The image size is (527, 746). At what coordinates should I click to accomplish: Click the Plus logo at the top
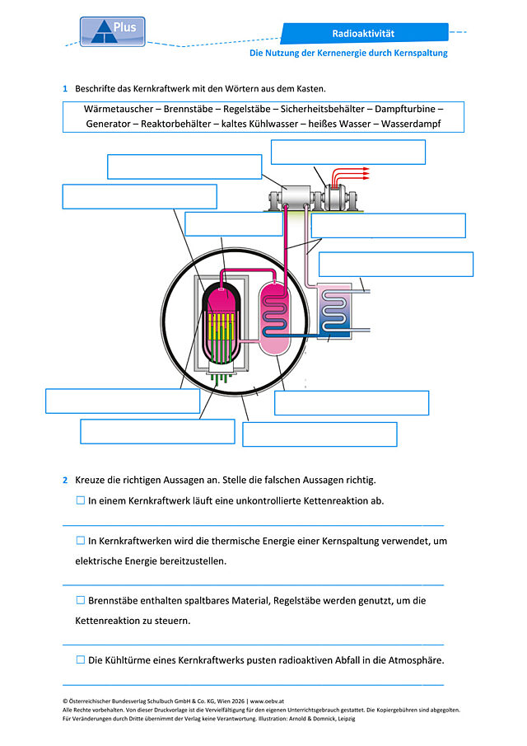[x=113, y=32]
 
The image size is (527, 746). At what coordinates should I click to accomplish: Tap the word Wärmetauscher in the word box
[x=119, y=109]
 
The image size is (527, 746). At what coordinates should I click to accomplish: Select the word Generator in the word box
[x=107, y=124]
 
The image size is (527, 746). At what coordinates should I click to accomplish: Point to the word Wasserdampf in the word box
[x=411, y=124]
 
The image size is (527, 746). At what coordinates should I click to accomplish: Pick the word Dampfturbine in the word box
[x=405, y=109]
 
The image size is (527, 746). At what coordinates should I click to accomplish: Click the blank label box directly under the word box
[x=347, y=152]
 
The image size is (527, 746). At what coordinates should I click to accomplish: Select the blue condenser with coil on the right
[x=334, y=311]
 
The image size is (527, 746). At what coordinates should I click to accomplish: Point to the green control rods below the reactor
[x=221, y=378]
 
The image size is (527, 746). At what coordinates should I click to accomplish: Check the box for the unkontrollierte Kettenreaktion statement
[x=81, y=500]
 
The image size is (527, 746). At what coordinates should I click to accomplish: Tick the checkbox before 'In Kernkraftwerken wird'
[x=81, y=541]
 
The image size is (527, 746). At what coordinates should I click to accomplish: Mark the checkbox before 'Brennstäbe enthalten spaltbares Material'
[x=81, y=600]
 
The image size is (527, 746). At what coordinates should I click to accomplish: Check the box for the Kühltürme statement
[x=81, y=660]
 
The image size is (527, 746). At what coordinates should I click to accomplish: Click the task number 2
[x=65, y=480]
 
